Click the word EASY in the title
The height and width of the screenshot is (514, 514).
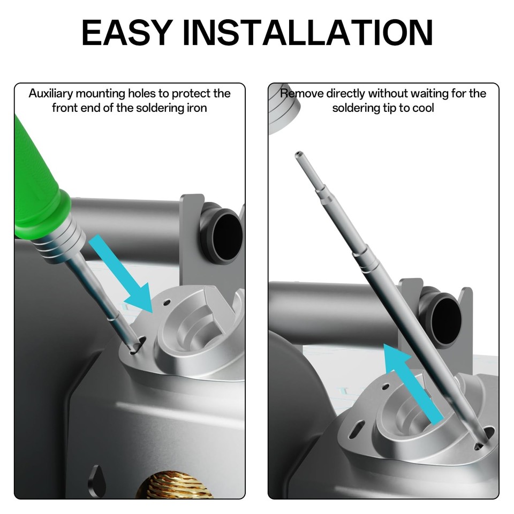(127, 32)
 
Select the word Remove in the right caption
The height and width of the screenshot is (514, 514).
(301, 94)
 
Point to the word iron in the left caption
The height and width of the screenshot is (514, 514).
(197, 108)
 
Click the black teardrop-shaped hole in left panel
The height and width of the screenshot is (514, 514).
(96, 480)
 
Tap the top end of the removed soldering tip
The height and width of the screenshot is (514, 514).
(298, 154)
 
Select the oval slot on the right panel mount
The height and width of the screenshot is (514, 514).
(357, 428)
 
